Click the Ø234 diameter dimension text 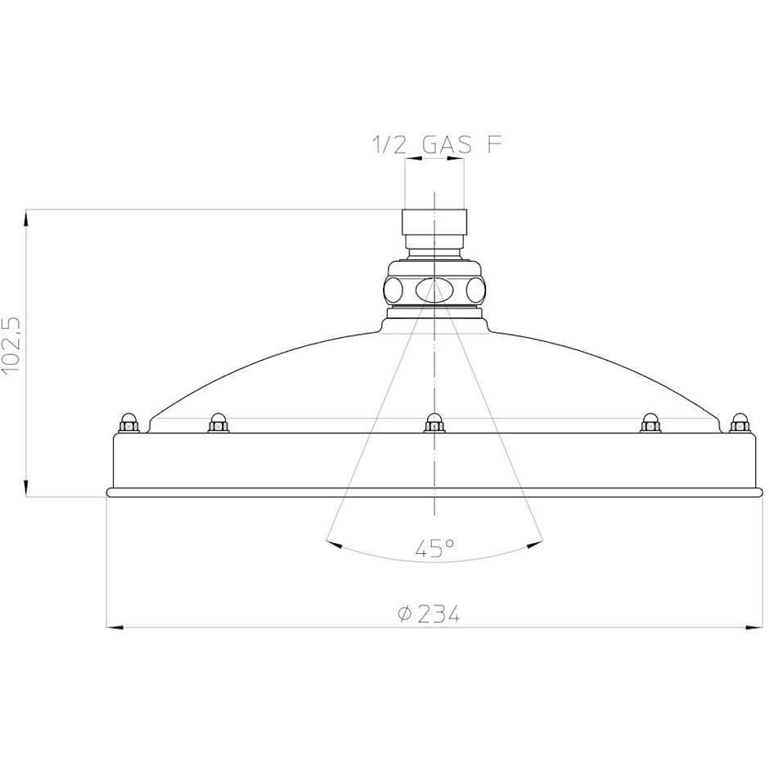pos(428,614)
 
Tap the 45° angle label pos(434,549)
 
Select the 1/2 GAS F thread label pos(436,146)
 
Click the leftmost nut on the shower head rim pos(127,423)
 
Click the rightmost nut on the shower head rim pos(740,423)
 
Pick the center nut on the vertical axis pos(434,423)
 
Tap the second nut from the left pos(218,423)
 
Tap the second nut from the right pos(650,423)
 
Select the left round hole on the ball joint pos(393,290)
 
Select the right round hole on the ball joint pos(476,290)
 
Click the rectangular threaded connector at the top pos(434,223)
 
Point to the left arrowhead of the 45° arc pos(331,542)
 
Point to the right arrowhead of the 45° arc pos(537,540)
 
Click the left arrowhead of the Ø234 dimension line pos(115,627)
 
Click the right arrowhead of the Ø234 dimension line pos(754,627)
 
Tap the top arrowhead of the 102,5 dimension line pos(27,218)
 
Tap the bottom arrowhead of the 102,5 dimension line pos(27,489)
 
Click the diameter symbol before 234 pos(403,614)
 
